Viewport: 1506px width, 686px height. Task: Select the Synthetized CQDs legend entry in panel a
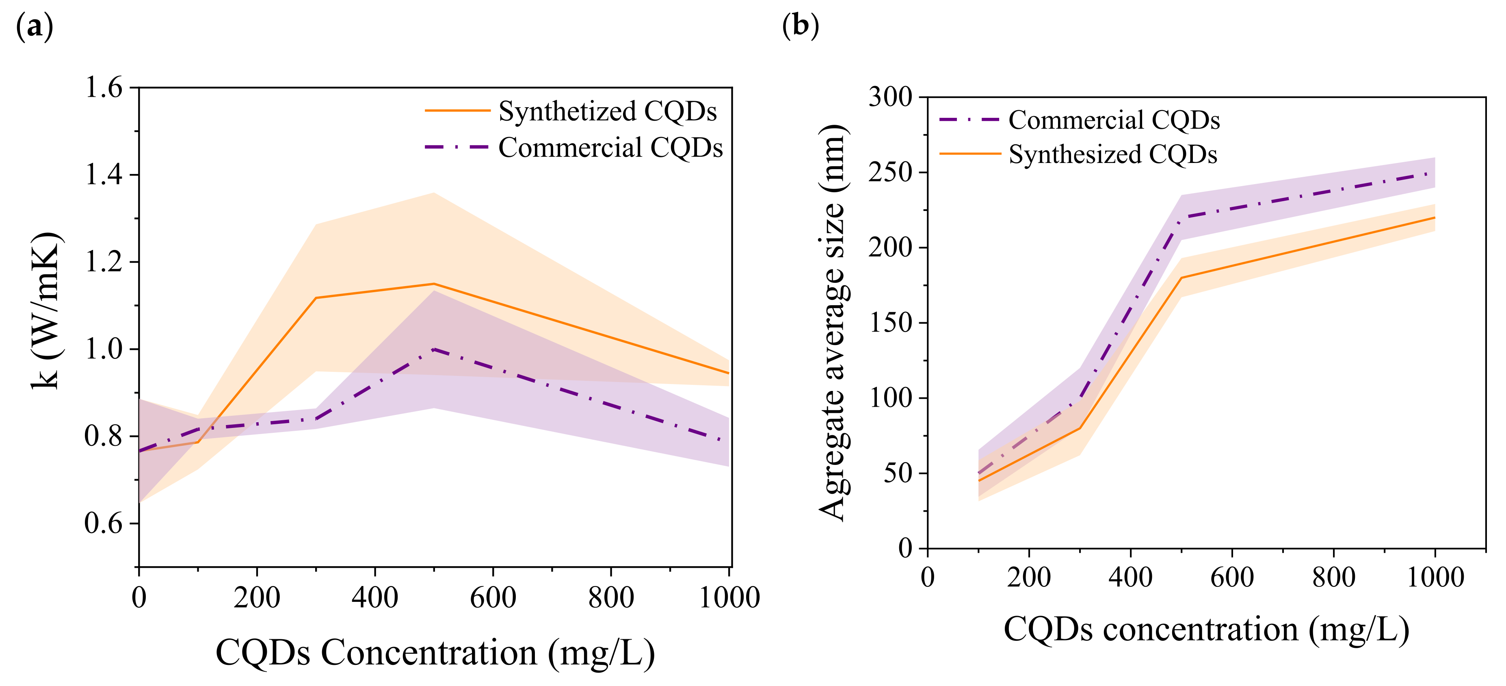(x=607, y=111)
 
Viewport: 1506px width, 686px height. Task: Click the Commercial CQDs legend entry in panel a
(x=610, y=148)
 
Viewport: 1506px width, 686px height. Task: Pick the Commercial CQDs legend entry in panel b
(x=1114, y=120)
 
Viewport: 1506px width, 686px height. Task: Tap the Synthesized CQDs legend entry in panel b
(x=1112, y=154)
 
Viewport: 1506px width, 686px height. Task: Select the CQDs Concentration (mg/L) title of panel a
(x=435, y=652)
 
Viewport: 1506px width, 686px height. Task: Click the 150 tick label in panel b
(x=890, y=323)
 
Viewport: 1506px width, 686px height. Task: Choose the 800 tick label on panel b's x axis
(x=1333, y=577)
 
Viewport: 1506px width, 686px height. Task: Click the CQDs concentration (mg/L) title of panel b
(x=1206, y=629)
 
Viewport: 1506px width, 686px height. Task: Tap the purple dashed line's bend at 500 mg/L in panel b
(x=1181, y=217)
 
